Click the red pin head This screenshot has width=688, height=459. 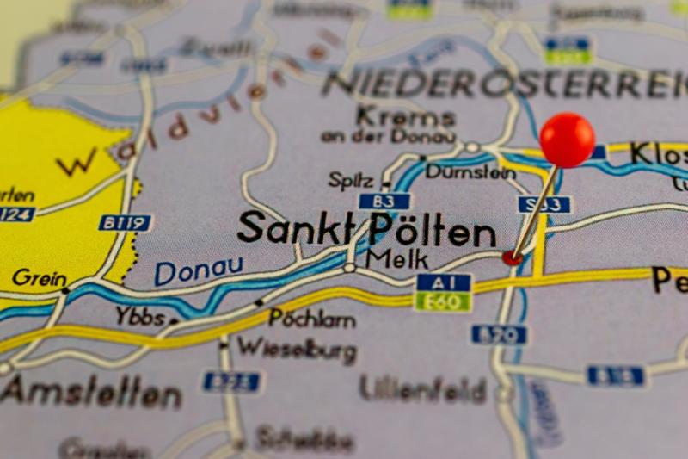[x=567, y=140]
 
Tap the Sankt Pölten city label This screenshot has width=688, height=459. [x=367, y=230]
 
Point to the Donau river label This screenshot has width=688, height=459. [x=199, y=271]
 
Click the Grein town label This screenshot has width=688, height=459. [x=39, y=278]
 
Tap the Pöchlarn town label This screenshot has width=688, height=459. [x=312, y=318]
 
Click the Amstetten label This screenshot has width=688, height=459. [x=91, y=393]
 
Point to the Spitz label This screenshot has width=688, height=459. [x=351, y=180]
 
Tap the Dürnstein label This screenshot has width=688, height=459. [x=470, y=172]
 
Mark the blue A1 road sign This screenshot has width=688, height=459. [x=443, y=282]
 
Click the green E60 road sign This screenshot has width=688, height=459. [x=443, y=301]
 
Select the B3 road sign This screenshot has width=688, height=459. [x=384, y=202]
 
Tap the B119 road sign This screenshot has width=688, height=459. [x=125, y=223]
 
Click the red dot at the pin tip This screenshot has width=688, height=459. [x=512, y=257]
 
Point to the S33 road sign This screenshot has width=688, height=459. [x=544, y=204]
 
